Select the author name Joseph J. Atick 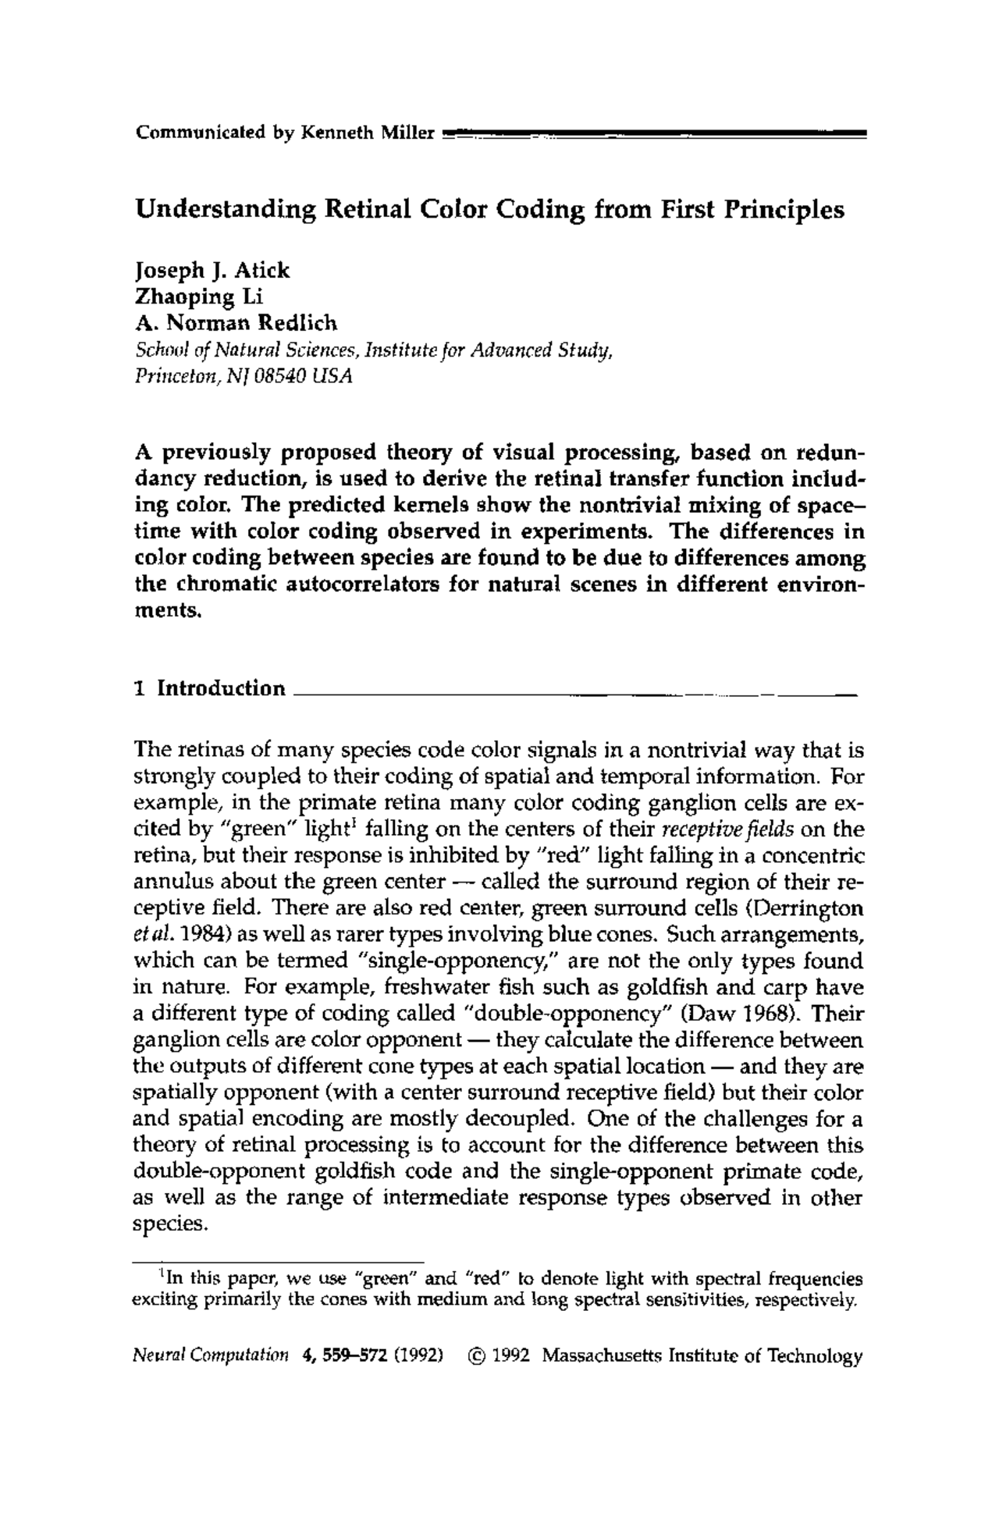[212, 271]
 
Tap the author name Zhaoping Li [188, 297]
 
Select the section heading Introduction [222, 688]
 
